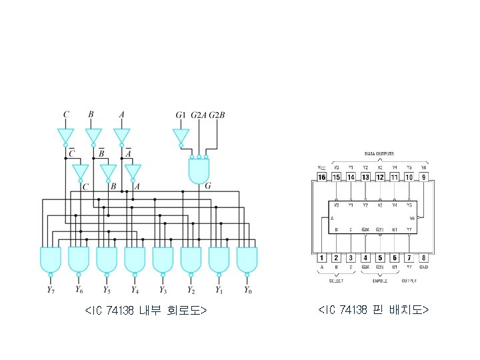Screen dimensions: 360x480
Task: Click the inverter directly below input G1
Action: [x=179, y=137]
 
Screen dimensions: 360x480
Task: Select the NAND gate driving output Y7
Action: [x=51, y=259]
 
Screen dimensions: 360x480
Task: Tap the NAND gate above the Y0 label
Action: [x=247, y=259]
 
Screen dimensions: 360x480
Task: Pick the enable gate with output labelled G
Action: [x=199, y=171]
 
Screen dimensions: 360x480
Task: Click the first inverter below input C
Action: [x=66, y=136]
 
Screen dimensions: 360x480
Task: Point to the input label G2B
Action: [x=217, y=115]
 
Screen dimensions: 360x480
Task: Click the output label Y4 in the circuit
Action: [x=134, y=290]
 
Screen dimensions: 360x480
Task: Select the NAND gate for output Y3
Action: [x=163, y=259]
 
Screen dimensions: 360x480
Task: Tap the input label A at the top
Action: [x=121, y=115]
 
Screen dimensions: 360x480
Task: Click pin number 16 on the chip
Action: [x=322, y=177]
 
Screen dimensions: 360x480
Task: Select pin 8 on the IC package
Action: [x=424, y=257]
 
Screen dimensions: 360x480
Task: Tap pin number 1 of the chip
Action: [x=322, y=257]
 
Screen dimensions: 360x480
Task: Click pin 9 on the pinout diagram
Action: [x=424, y=177]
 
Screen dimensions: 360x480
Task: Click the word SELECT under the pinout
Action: [x=336, y=281]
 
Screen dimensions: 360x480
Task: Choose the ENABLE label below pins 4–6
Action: [x=380, y=281]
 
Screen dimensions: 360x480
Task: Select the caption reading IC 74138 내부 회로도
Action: [x=146, y=311]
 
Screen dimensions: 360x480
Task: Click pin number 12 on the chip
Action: [x=380, y=177]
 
